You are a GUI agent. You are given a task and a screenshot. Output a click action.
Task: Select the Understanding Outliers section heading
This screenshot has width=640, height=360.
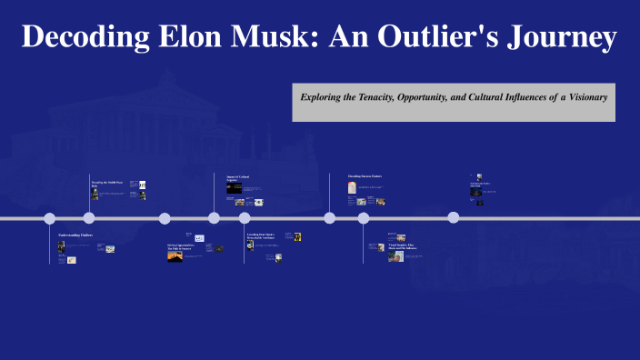(x=75, y=235)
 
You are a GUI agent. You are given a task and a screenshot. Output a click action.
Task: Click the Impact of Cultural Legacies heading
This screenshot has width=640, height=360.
(x=237, y=178)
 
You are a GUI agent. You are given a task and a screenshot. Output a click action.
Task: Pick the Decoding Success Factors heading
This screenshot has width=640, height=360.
(x=365, y=175)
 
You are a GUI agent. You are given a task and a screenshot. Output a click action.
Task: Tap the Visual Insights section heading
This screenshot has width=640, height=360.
(x=402, y=246)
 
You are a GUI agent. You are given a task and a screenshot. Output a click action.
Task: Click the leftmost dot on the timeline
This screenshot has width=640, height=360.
(x=50, y=218)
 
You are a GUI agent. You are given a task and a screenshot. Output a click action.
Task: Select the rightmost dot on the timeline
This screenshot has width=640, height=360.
(x=454, y=217)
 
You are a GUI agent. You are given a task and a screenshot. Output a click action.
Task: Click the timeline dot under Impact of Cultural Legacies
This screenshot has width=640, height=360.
(x=215, y=217)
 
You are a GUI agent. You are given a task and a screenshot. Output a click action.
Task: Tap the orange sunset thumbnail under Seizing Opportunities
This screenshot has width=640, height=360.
(x=175, y=256)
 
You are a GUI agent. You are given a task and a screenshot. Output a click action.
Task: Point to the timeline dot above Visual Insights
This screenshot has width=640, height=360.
(x=364, y=218)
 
